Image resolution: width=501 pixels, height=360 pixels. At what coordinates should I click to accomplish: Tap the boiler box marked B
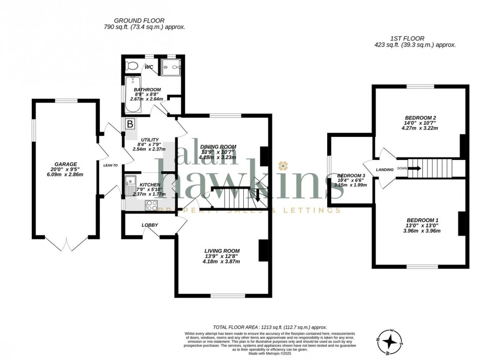tap(130, 124)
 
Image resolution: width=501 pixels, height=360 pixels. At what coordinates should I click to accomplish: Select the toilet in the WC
tap(132, 66)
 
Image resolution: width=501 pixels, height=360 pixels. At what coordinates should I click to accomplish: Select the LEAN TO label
tap(110, 165)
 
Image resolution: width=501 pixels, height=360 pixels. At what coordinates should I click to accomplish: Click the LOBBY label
tap(150, 225)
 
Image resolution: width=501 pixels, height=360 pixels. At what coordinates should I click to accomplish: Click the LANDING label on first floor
tap(385, 169)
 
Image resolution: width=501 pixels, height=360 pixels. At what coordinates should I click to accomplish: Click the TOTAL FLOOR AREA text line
tap(269, 327)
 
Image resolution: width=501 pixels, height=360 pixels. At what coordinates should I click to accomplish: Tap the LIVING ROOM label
tap(222, 251)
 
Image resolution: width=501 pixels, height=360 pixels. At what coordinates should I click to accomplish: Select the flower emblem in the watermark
tap(283, 165)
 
